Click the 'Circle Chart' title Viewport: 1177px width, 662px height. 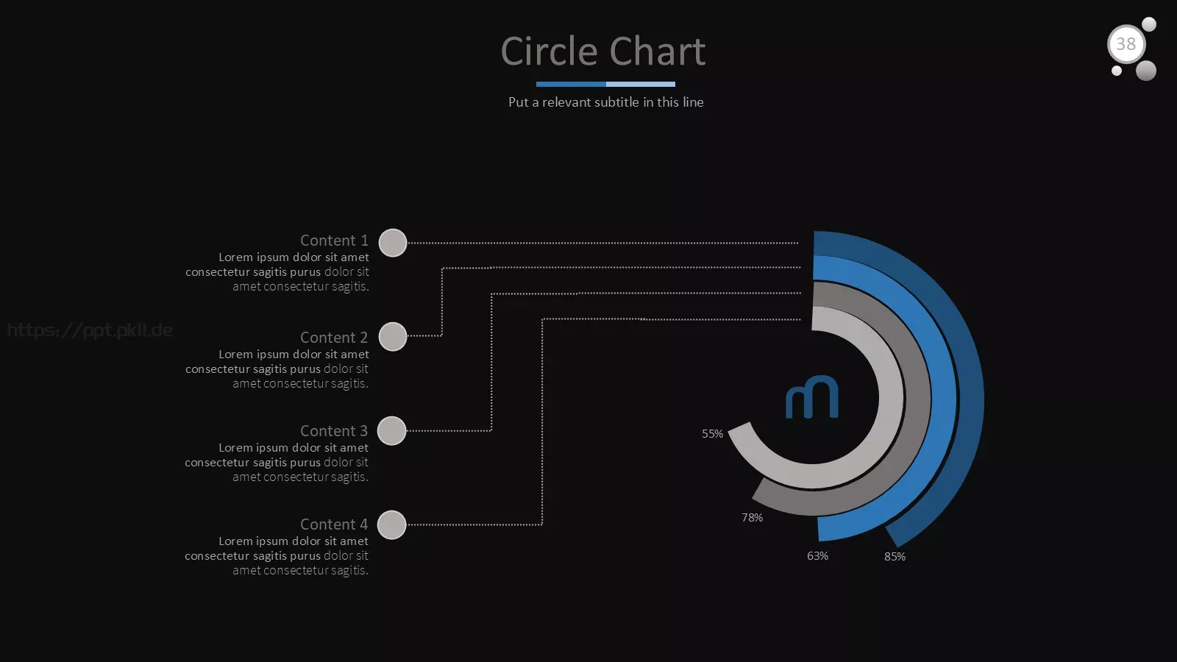coord(602,51)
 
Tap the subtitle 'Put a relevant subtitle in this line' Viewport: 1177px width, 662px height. coord(606,102)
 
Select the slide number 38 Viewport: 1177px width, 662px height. coord(1126,44)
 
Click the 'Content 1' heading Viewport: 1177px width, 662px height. coord(334,240)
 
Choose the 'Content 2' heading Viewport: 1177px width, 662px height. coord(334,338)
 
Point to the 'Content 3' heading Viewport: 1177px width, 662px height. coord(334,431)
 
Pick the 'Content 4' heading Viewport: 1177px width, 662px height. coord(334,524)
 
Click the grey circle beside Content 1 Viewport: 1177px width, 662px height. coord(393,243)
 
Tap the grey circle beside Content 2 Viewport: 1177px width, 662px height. coord(393,336)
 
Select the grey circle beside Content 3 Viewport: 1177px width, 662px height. coord(392,431)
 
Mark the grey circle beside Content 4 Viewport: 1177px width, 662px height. coord(392,525)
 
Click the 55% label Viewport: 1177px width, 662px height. coord(713,434)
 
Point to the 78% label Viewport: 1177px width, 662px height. coord(753,518)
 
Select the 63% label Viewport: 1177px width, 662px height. coord(817,556)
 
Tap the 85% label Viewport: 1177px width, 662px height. coord(895,556)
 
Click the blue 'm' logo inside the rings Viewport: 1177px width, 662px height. coord(812,397)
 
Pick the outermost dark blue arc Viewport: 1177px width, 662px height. coord(971,399)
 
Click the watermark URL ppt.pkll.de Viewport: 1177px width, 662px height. coord(90,330)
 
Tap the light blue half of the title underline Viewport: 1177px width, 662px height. coord(641,84)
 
